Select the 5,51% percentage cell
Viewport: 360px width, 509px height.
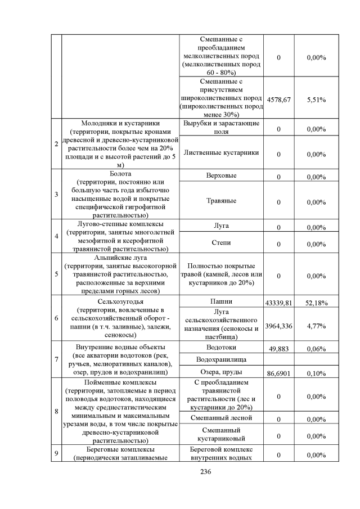click(317, 100)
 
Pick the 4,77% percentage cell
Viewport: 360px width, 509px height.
click(317, 326)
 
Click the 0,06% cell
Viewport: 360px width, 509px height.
click(317, 349)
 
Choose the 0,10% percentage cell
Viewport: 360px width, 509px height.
click(317, 373)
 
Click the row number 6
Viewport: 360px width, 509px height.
click(56, 318)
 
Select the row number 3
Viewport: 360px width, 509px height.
click(56, 195)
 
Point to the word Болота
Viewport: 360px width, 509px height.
click(121, 174)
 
